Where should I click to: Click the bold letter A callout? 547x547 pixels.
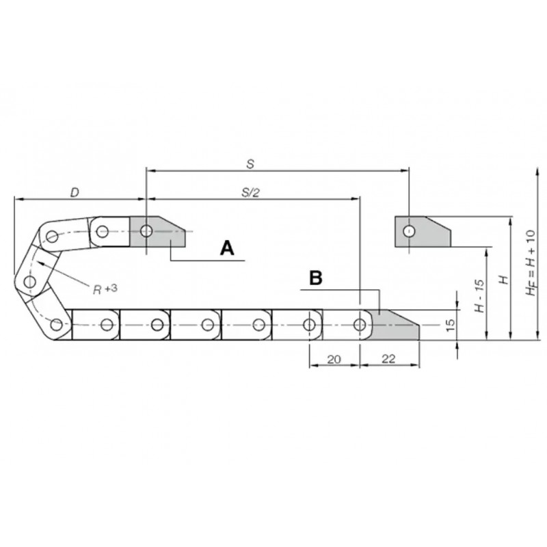coord(227,248)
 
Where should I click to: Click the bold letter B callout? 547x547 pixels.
coord(316,278)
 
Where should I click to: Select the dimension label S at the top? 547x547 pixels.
coord(250,164)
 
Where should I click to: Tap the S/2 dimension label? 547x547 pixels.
coord(251,193)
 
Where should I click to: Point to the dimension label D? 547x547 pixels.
coord(75,192)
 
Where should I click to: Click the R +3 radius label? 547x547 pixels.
coord(105,289)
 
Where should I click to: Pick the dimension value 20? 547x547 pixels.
coord(334,359)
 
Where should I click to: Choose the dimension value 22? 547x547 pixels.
coord(388,358)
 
